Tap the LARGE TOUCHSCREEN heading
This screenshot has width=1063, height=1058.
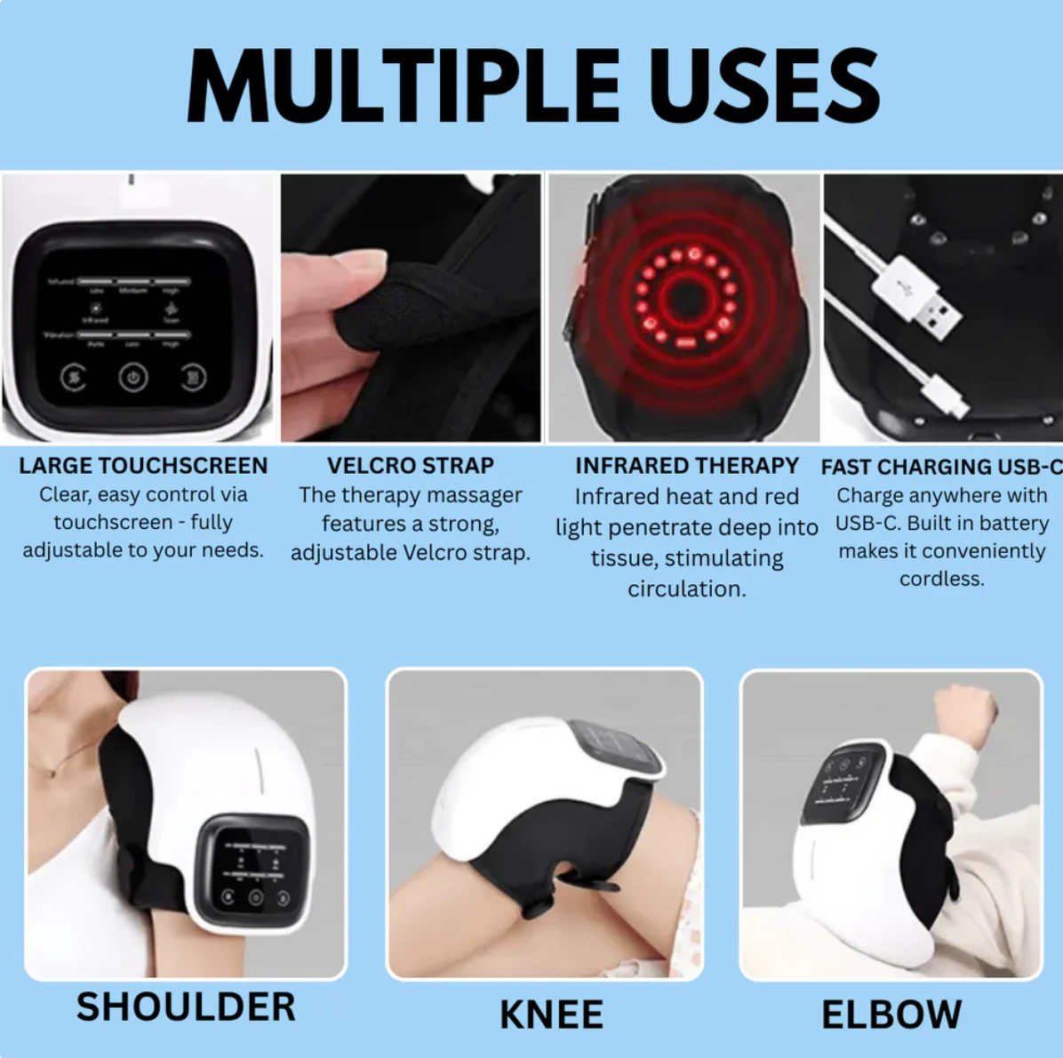coord(143,466)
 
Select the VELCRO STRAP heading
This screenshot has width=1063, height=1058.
coord(411,466)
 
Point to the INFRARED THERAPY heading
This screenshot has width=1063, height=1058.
coord(687,466)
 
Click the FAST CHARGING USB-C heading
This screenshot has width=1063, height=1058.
coord(941,467)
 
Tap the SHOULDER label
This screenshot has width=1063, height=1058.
coord(186,1006)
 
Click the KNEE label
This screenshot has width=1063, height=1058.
coord(551,1014)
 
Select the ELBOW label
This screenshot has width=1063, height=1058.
coord(891,1014)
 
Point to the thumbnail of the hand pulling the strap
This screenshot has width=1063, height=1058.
coord(411,308)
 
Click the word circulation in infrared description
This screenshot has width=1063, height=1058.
coord(686,589)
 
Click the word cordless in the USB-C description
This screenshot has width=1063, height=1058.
coord(941,579)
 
